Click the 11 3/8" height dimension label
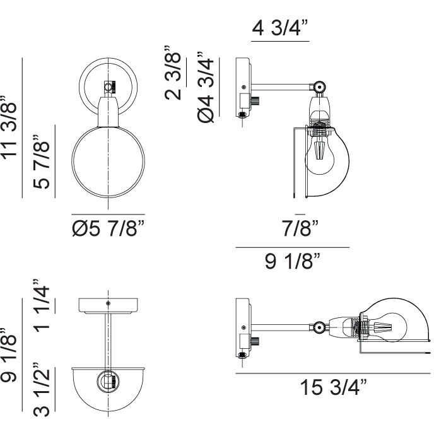[9, 127]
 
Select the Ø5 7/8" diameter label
[108, 228]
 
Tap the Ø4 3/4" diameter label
[206, 87]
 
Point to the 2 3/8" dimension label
[173, 73]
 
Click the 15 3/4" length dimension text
[333, 387]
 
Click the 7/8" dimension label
[300, 228]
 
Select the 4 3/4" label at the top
[280, 28]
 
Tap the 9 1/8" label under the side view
[293, 261]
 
